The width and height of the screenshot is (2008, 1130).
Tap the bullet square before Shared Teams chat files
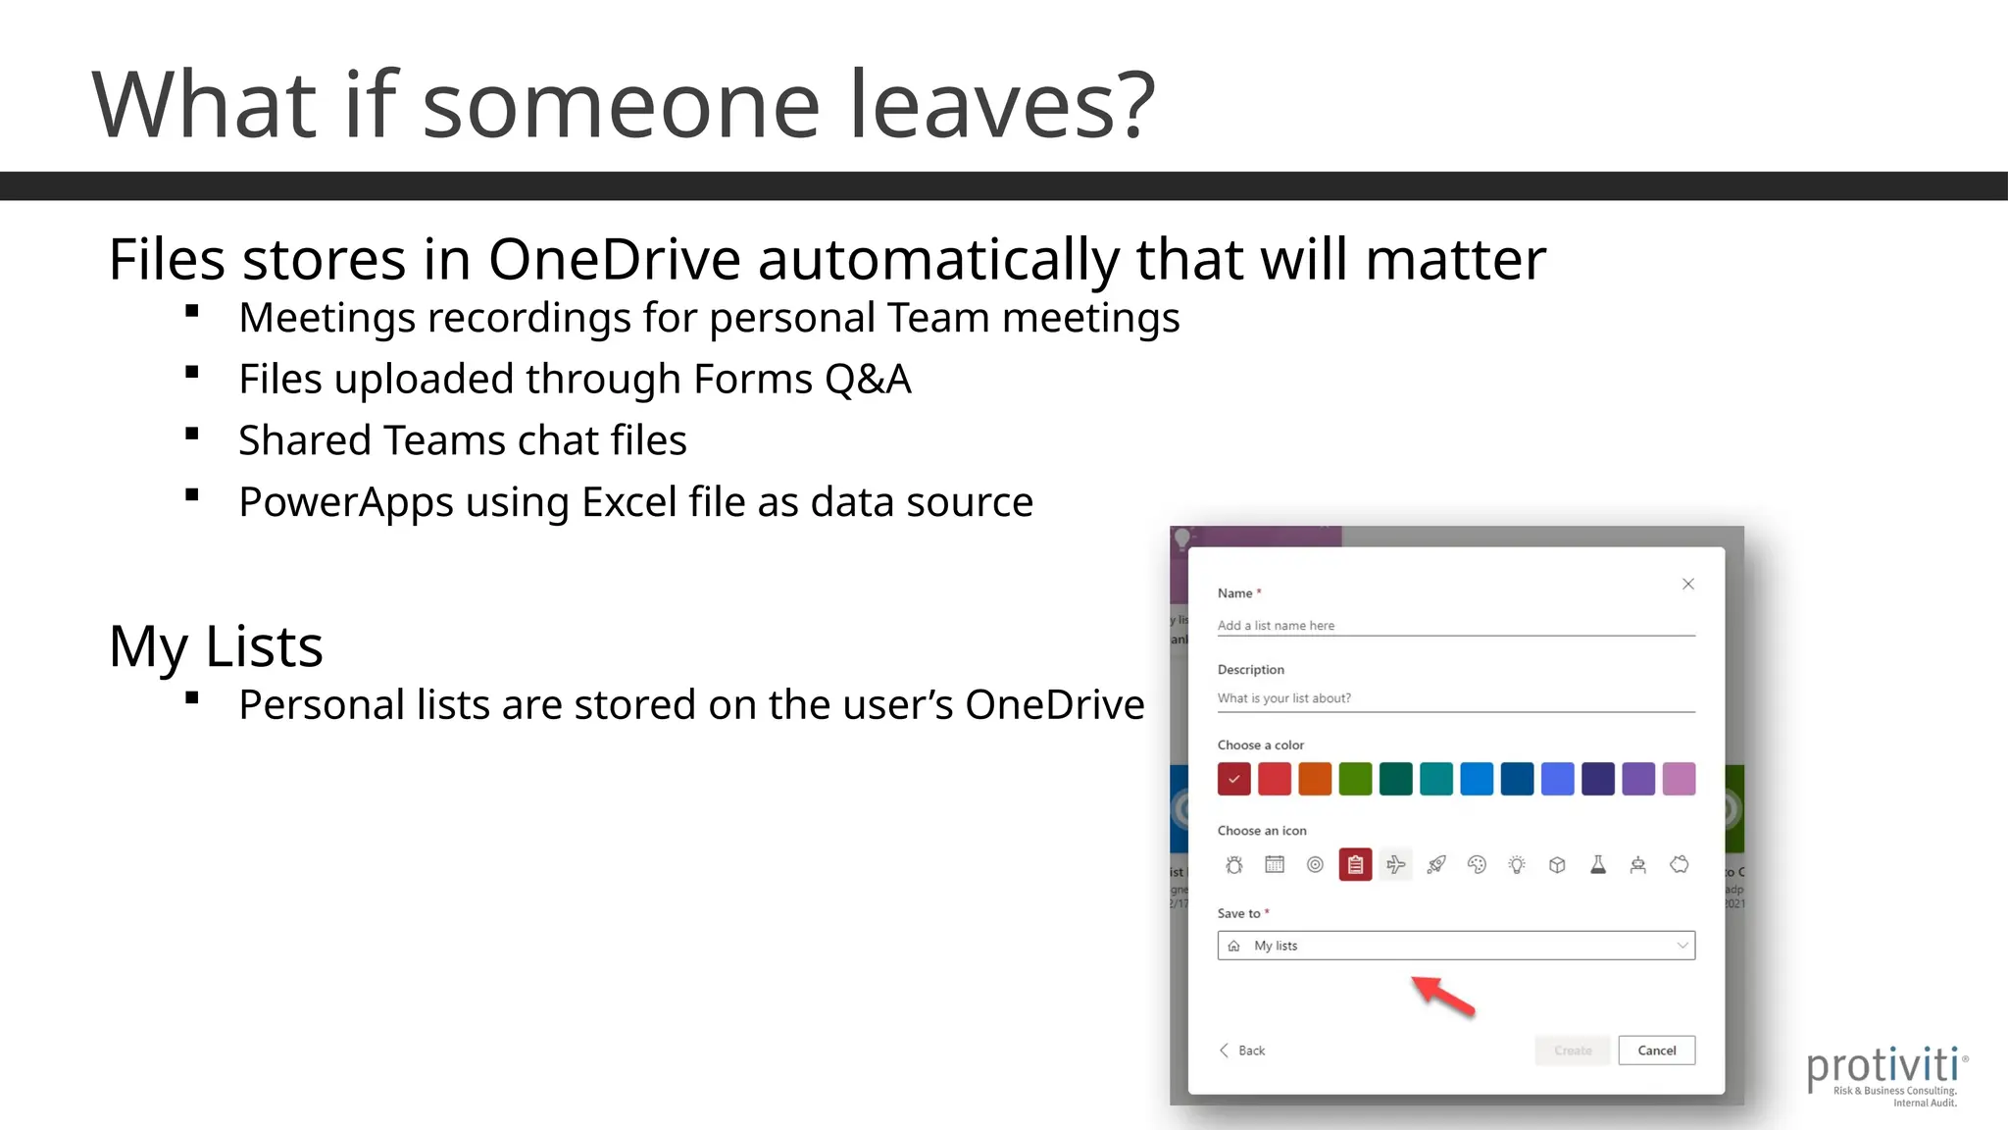pyautogui.click(x=192, y=434)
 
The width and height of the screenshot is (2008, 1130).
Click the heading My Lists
pyautogui.click(x=216, y=646)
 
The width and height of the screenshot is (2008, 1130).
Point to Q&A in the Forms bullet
pyautogui.click(x=868, y=380)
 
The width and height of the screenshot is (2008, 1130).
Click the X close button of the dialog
pyautogui.click(x=1688, y=584)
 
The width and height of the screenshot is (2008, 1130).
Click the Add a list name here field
pyautogui.click(x=1455, y=626)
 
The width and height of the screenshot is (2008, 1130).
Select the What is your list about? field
pyautogui.click(x=1455, y=698)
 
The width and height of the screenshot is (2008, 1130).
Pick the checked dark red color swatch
pyautogui.click(x=1234, y=779)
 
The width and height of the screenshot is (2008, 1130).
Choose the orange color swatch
pyautogui.click(x=1315, y=779)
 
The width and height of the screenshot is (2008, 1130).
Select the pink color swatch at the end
pyautogui.click(x=1679, y=779)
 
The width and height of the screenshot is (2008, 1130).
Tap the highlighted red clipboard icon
pyautogui.click(x=1355, y=864)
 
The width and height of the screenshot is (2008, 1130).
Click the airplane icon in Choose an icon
pyautogui.click(x=1395, y=864)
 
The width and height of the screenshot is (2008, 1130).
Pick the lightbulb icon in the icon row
pyautogui.click(x=1517, y=864)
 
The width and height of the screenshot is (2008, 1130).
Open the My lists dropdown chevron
pyautogui.click(x=1682, y=946)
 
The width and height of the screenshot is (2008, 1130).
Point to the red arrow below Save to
pyautogui.click(x=1442, y=995)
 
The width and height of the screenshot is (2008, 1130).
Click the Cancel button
pyautogui.click(x=1656, y=1051)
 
